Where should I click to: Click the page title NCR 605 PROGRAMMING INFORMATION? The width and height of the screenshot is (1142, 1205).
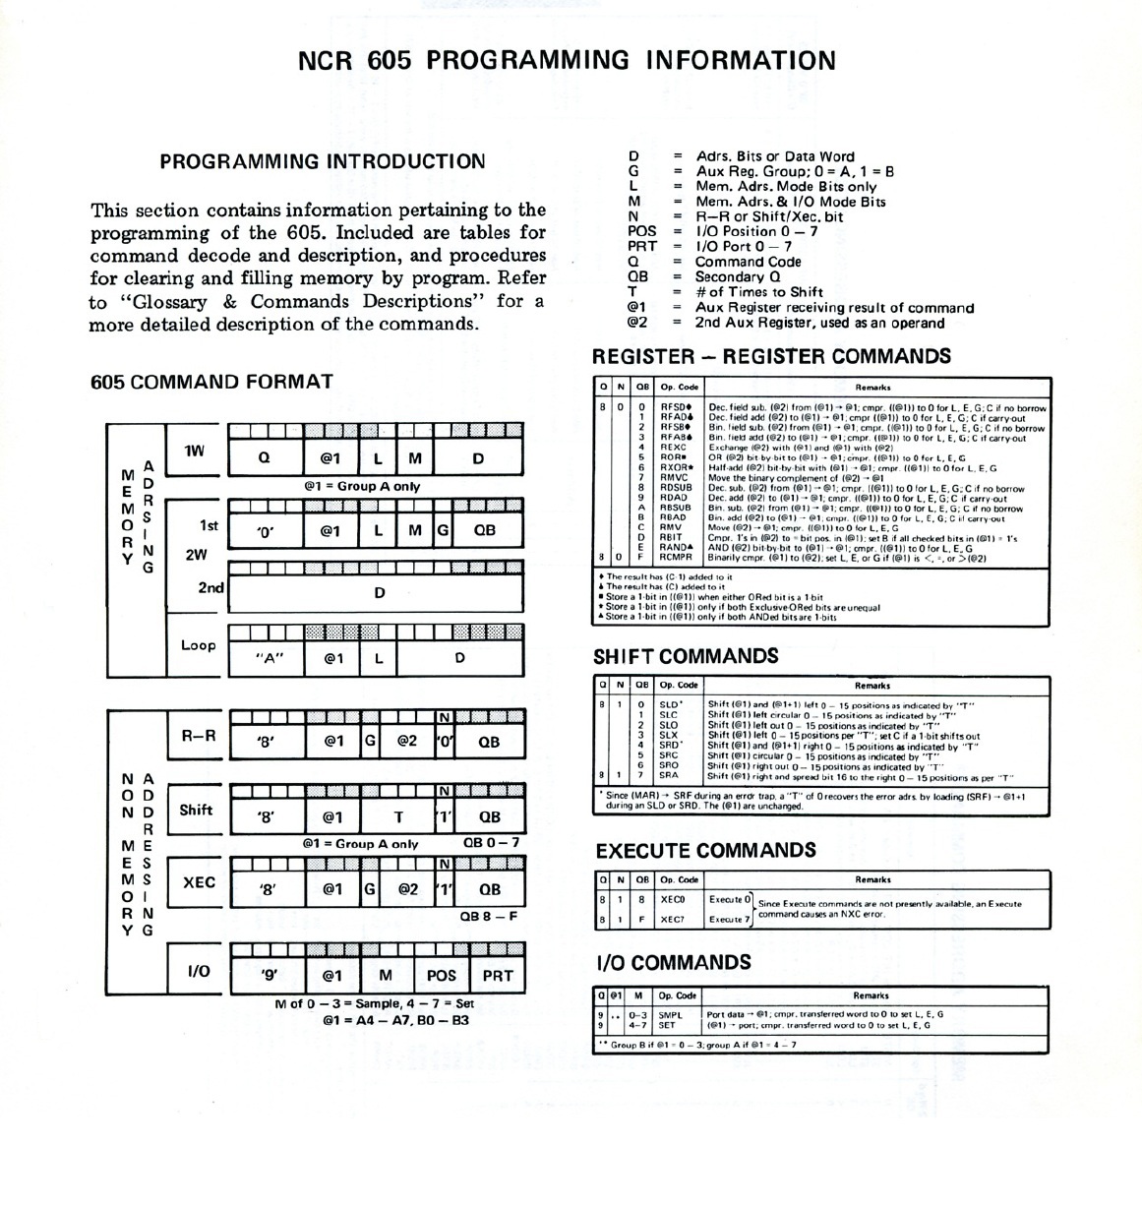tap(567, 60)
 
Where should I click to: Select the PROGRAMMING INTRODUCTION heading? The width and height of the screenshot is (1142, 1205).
tap(322, 162)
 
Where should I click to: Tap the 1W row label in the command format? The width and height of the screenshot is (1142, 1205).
tap(194, 452)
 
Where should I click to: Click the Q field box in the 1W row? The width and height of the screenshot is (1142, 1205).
tap(264, 458)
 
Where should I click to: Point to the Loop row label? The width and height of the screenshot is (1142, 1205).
tap(198, 645)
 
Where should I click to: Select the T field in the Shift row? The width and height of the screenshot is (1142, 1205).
tap(398, 816)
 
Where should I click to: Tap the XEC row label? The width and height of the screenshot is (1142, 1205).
tap(199, 882)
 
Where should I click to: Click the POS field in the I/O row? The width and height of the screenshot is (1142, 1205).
tap(442, 975)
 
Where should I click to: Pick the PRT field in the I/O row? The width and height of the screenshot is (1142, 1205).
tap(498, 975)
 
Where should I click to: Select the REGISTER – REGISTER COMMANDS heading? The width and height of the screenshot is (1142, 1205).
tap(772, 356)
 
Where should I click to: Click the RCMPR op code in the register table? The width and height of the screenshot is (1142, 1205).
tap(678, 558)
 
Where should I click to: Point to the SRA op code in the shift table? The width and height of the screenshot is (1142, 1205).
tap(669, 775)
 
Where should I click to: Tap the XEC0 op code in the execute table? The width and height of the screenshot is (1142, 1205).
tap(673, 899)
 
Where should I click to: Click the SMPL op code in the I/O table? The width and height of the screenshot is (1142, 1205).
tap(671, 1013)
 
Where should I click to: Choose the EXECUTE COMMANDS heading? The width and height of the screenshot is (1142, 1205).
tap(705, 851)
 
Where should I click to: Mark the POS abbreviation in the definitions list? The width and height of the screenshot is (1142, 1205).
tap(641, 231)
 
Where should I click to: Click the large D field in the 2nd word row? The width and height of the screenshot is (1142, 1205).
tap(380, 592)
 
